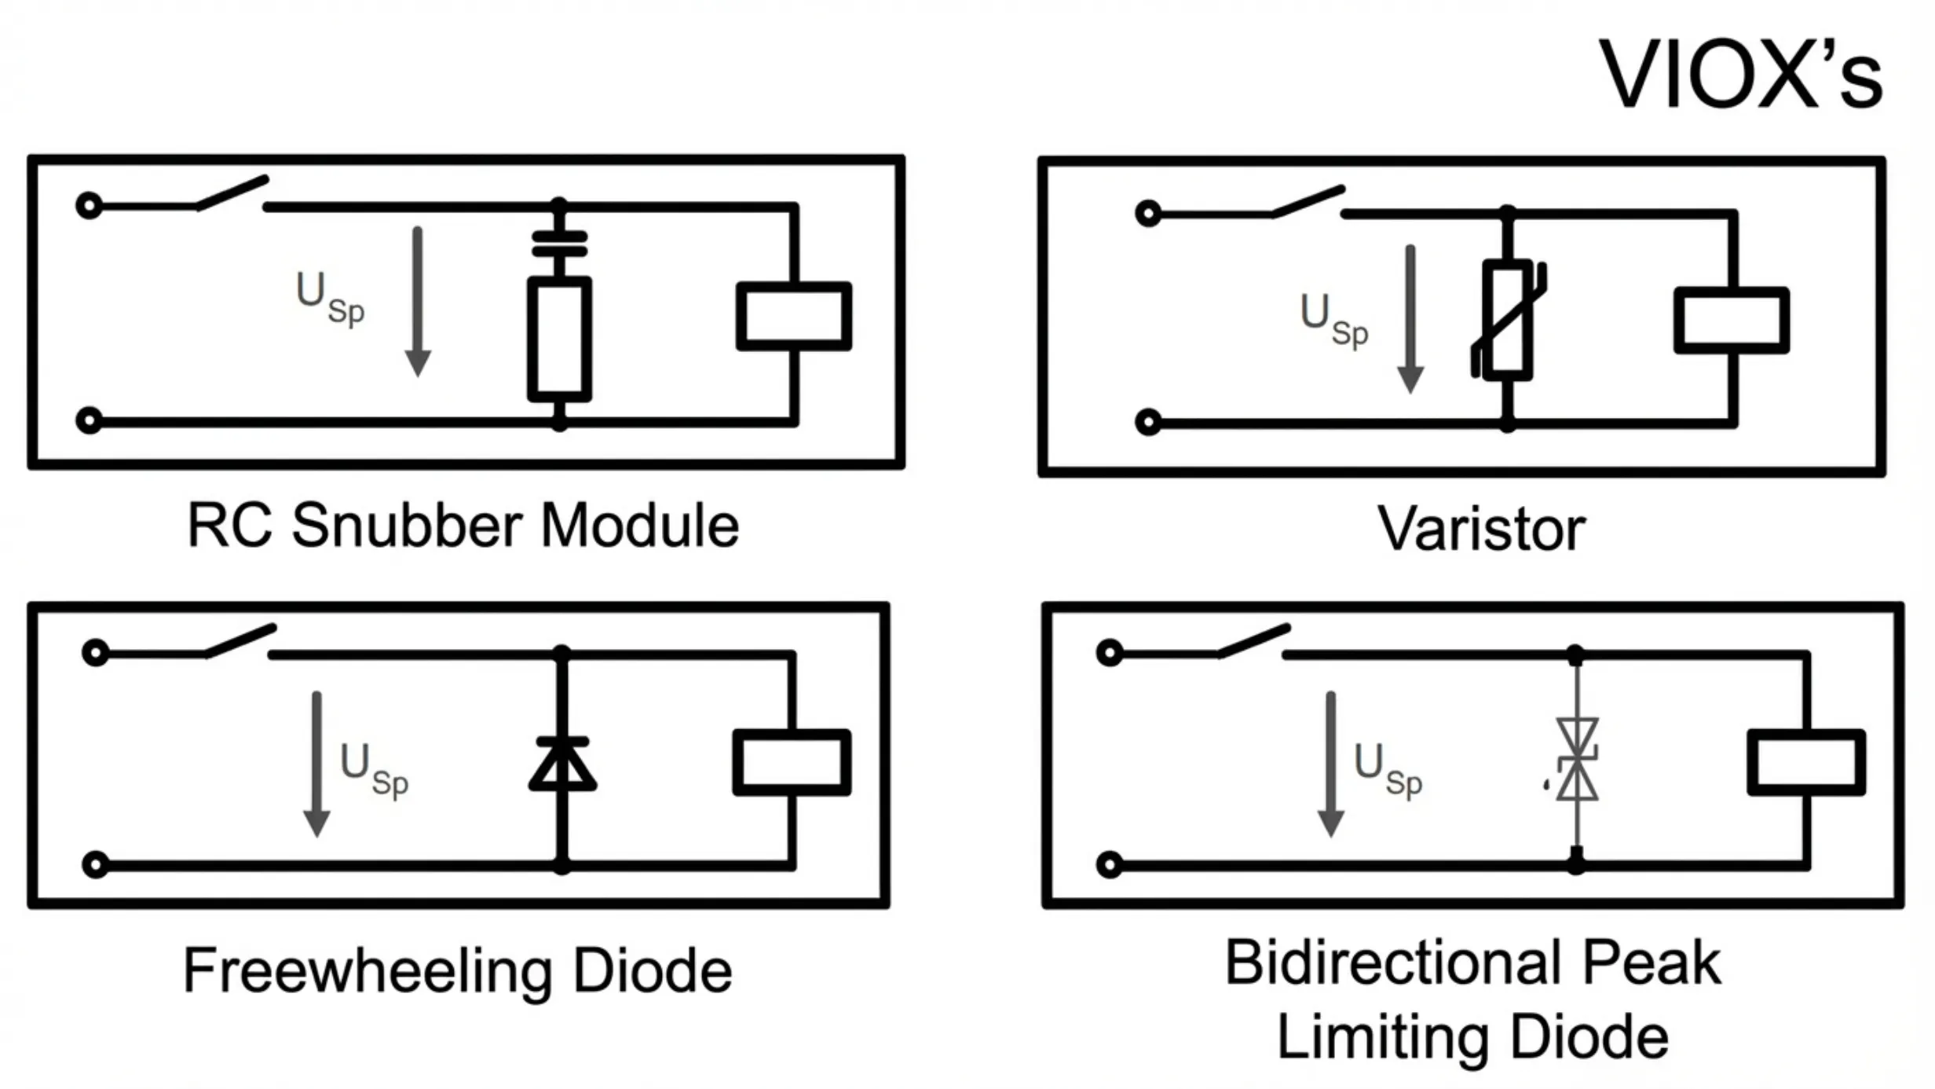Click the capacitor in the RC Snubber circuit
559,244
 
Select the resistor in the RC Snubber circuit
559,339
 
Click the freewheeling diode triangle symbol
562,764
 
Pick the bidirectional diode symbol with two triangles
1576,760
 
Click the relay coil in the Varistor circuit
1731,321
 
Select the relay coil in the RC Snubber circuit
793,316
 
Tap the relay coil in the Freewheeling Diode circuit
792,762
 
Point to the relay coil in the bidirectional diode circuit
1806,762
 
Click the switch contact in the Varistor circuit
1308,202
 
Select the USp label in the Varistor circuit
1333,319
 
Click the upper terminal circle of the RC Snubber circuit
90,207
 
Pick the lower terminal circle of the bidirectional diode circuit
1109,865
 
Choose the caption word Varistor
1481,529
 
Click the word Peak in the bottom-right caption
1651,962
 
